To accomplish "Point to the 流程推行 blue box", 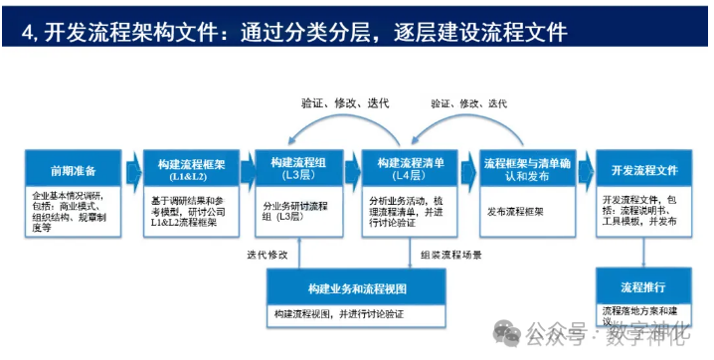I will tap(644, 286).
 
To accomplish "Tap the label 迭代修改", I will tap(268, 256).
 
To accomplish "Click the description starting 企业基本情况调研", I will tap(73, 212).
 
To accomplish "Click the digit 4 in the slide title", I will tap(26, 32).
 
